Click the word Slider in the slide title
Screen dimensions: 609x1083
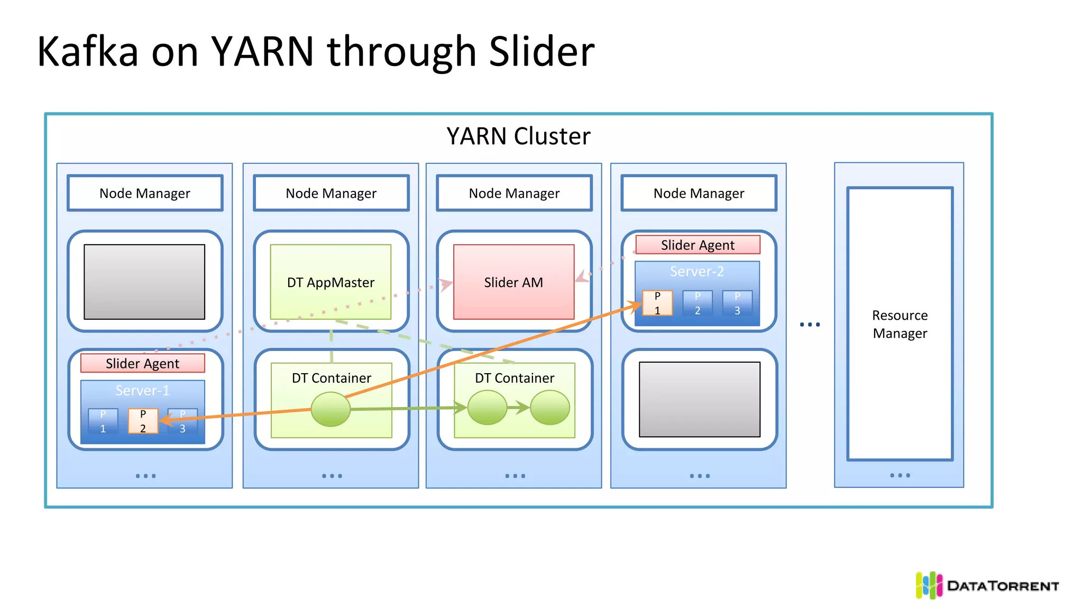point(541,52)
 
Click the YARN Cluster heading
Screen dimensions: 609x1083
point(518,136)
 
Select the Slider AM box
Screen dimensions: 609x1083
point(513,282)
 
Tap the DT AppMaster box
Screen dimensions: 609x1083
point(331,282)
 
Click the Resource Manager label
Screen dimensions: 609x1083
point(900,324)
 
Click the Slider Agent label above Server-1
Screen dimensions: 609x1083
point(142,363)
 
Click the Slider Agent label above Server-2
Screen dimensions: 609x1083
point(697,245)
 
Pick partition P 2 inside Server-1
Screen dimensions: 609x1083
point(143,421)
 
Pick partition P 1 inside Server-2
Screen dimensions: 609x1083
point(657,303)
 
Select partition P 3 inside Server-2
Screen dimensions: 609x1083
point(737,303)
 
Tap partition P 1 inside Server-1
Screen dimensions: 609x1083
point(103,421)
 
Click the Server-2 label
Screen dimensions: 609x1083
point(696,271)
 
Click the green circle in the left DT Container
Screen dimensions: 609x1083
point(331,409)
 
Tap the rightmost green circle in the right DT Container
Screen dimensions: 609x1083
point(550,408)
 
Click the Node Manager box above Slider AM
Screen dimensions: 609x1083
point(514,193)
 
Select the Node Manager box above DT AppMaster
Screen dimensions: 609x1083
point(331,193)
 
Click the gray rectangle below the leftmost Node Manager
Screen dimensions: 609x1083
point(144,282)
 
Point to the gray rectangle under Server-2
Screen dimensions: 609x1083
point(699,399)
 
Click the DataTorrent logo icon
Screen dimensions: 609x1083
point(929,585)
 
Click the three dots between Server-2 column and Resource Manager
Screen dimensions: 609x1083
point(810,324)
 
